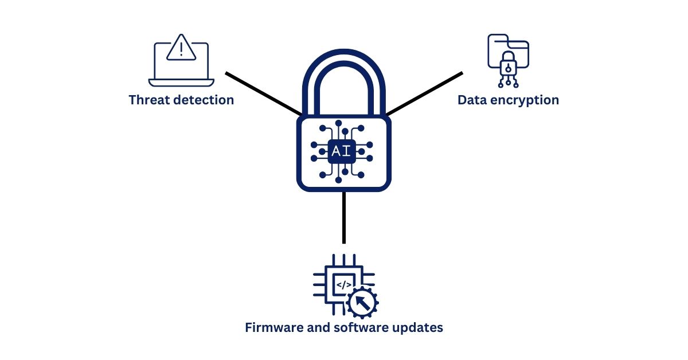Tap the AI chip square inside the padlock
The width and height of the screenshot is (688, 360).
(x=342, y=151)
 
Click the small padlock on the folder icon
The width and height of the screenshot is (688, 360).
(x=508, y=64)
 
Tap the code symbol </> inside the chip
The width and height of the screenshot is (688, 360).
(x=344, y=284)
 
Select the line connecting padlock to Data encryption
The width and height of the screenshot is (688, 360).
(x=424, y=93)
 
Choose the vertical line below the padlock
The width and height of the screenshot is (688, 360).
(x=344, y=217)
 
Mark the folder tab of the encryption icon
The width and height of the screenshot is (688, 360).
(x=497, y=38)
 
